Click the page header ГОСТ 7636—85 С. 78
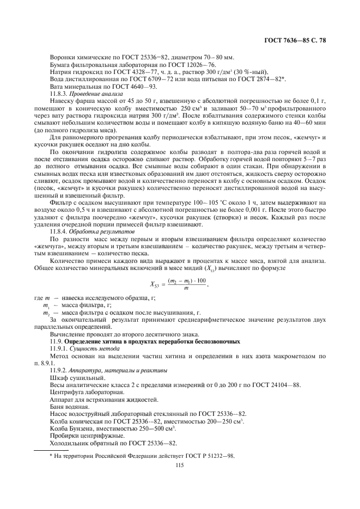coord(295,41)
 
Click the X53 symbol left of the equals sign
coord(157,283)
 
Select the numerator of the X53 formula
coord(186,279)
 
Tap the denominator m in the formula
coord(186,288)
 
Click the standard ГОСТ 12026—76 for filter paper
coord(185,65)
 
